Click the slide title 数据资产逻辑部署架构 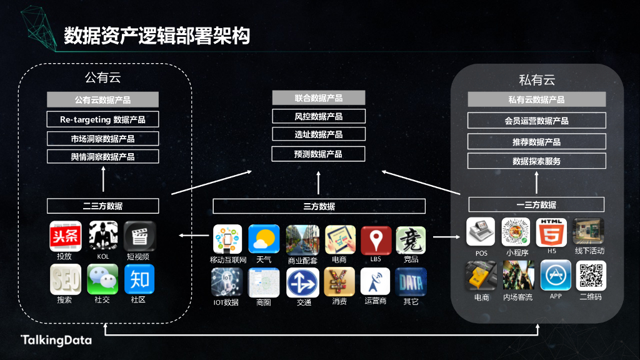[x=157, y=36]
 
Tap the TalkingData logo [x=56, y=341]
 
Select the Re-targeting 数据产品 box [x=103, y=119]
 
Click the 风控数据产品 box [x=319, y=116]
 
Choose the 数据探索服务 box [x=537, y=161]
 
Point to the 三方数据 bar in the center [x=319, y=206]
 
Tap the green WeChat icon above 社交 [x=102, y=279]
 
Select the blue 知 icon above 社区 [x=139, y=279]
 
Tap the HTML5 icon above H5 [x=551, y=232]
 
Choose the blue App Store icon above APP [x=556, y=275]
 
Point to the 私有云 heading [x=537, y=80]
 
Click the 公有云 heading [x=102, y=78]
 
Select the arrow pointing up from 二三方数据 [x=103, y=182]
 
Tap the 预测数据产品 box [x=319, y=154]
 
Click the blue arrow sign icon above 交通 [x=302, y=282]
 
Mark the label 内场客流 [x=518, y=297]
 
